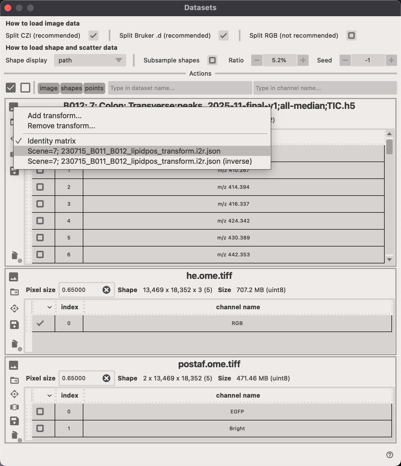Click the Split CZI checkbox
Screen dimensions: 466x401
point(93,36)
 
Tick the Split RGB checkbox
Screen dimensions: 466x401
point(351,36)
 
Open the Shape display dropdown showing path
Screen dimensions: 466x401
point(90,60)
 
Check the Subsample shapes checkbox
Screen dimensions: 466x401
point(212,60)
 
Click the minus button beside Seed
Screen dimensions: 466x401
point(345,60)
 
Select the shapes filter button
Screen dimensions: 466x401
point(71,88)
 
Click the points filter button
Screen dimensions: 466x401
point(94,88)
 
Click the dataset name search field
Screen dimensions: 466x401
point(180,88)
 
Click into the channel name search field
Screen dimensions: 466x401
point(325,88)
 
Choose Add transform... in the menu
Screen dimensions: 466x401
point(55,116)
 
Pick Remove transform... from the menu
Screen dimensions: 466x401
point(61,126)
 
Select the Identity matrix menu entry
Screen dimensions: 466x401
point(52,141)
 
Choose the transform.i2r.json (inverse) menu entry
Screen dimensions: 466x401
point(140,161)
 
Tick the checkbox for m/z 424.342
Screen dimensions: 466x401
point(40,221)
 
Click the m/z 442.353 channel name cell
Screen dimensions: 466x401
point(233,254)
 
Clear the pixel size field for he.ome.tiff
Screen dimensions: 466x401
point(106,290)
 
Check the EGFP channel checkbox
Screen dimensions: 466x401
point(40,411)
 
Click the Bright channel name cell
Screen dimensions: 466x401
point(237,428)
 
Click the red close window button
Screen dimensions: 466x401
point(8,8)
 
